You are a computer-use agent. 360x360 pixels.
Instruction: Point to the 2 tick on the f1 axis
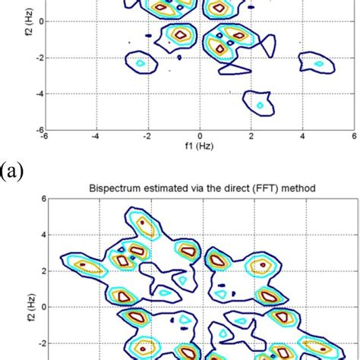point(251,137)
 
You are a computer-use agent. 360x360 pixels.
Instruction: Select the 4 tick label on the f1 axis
point(302,137)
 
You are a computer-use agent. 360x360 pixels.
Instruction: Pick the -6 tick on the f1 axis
point(45,137)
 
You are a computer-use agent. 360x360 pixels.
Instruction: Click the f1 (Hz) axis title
point(200,147)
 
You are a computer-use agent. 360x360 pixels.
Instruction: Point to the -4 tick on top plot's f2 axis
point(37,93)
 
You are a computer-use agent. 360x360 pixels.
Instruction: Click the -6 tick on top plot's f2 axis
point(37,130)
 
